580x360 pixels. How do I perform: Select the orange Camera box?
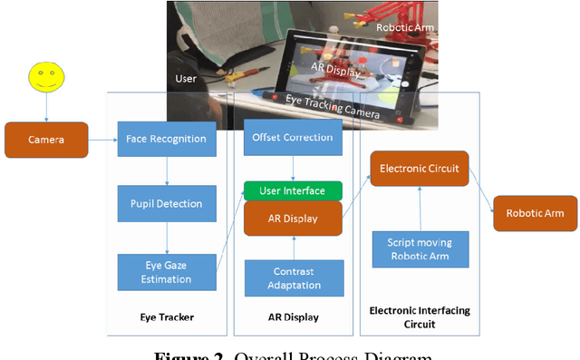click(46, 140)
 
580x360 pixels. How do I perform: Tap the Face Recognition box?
click(167, 140)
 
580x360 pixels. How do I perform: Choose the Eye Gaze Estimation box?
click(167, 272)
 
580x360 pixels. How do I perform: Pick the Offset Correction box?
click(294, 138)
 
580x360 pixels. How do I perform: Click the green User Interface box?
click(293, 190)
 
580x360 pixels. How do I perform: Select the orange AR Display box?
click(293, 218)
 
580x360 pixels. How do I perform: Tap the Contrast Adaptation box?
click(293, 277)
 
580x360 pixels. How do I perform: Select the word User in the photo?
click(185, 80)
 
